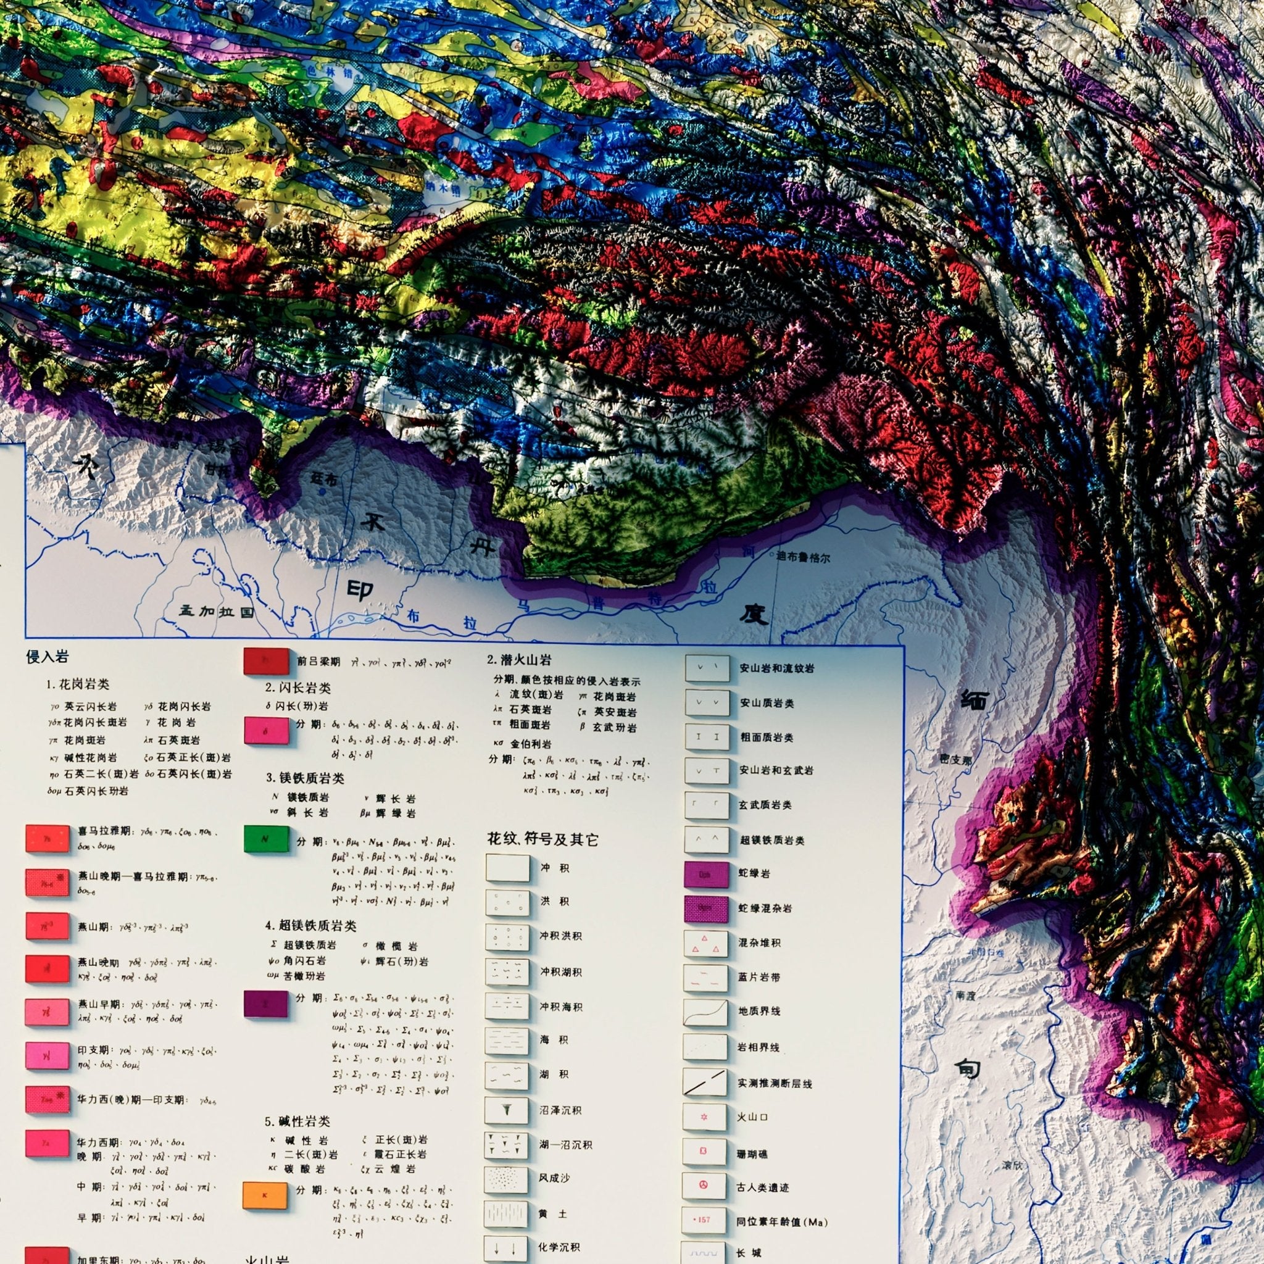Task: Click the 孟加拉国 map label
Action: click(217, 612)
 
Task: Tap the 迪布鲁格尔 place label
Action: click(803, 557)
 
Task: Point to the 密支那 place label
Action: click(955, 760)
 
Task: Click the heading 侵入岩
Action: click(47, 657)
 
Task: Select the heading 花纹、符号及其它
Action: click(543, 839)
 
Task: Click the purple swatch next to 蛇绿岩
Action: click(706, 874)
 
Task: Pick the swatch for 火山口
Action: click(704, 1116)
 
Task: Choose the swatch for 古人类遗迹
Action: click(704, 1185)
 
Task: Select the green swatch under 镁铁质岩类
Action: click(265, 839)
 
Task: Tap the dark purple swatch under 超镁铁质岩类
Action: click(265, 1003)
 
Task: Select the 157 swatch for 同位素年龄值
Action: click(704, 1220)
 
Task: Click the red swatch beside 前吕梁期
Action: click(266, 661)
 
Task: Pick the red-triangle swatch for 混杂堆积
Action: click(705, 944)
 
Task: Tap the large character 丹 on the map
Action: click(488, 544)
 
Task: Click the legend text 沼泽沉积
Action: click(560, 1110)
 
